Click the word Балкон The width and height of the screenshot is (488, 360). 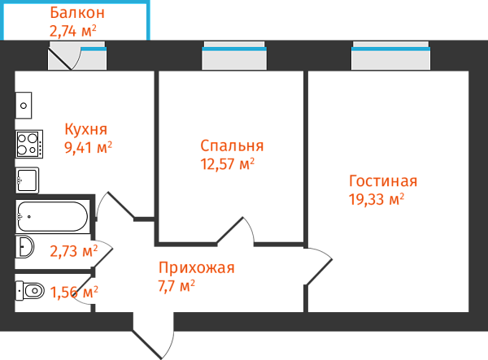[76, 13]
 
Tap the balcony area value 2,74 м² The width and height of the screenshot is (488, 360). [73, 31]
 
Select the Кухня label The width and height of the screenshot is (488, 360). [86, 129]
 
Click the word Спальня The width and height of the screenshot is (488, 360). [232, 145]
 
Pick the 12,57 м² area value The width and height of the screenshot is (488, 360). [227, 163]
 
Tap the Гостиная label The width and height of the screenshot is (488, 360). [383, 180]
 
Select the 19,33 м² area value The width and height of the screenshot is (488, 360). [377, 198]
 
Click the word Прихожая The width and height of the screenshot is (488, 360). [197, 268]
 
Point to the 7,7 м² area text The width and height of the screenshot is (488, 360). [176, 285]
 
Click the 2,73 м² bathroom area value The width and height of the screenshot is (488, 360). [73, 250]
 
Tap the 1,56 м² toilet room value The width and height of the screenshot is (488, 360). [74, 291]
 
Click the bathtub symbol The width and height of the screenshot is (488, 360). [53, 216]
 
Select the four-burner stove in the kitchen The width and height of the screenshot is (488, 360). [28, 144]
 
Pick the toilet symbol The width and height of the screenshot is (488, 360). [30, 290]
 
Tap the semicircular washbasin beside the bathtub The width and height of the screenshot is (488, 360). [25, 247]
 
